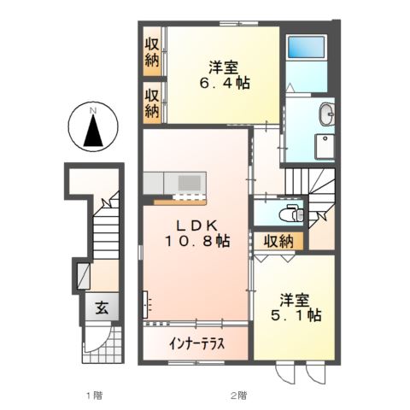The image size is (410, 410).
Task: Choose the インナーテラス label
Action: [196, 345]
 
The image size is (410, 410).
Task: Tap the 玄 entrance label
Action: [101, 308]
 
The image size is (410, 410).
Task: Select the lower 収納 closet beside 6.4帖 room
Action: [152, 102]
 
